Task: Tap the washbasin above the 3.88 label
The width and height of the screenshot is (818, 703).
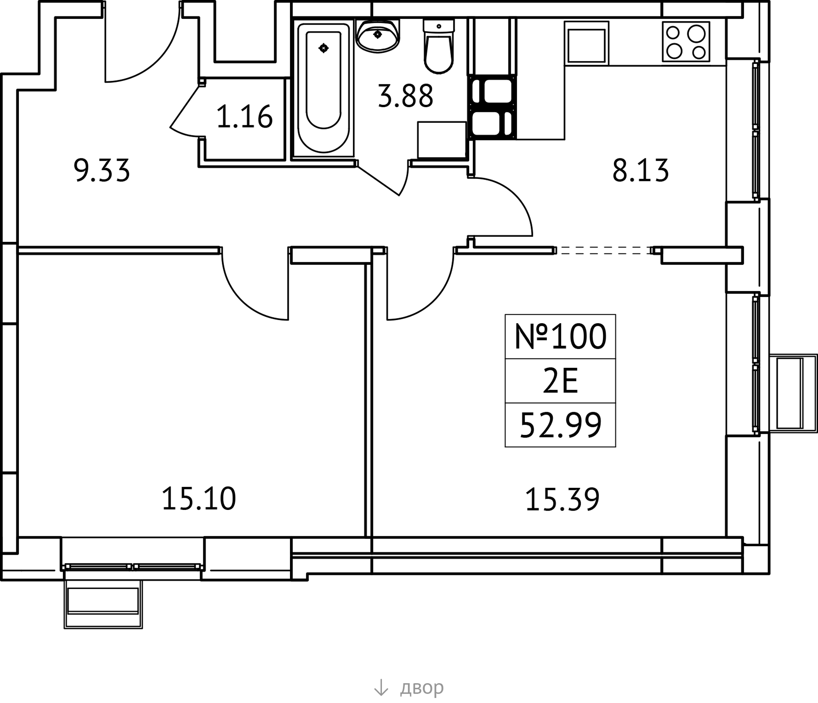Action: pos(378,36)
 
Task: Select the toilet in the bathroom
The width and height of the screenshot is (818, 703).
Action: pos(438,46)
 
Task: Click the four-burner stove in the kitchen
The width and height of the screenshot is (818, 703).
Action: pos(686,42)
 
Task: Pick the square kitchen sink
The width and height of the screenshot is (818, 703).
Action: pos(587,43)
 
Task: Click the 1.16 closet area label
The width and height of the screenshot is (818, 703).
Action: pos(244,117)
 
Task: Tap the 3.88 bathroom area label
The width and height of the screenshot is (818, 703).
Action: pos(405,96)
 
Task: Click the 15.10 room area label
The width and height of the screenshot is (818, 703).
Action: pos(199,499)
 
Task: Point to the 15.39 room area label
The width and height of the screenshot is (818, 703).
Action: pos(562,499)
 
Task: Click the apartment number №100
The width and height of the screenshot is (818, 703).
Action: pos(560,336)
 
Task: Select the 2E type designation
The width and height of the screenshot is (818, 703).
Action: pos(560,381)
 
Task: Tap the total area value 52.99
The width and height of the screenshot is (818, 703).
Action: pos(560,425)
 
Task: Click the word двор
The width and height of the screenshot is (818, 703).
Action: pos(422,688)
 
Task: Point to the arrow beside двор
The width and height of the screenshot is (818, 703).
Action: pos(381,687)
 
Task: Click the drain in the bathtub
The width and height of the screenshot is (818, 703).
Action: pos(324,48)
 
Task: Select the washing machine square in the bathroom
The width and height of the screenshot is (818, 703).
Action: pos(442,140)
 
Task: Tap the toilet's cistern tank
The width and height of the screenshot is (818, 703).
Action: pos(438,27)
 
